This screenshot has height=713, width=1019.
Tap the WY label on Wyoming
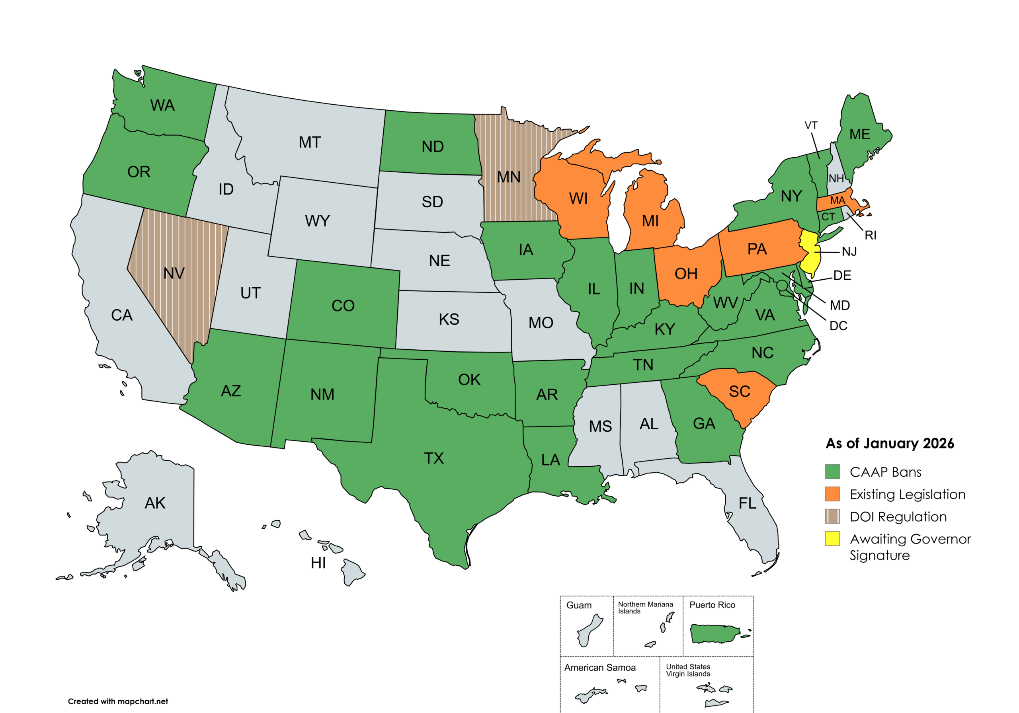317,221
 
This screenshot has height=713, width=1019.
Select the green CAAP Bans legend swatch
832,471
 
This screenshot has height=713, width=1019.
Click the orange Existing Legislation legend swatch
832,494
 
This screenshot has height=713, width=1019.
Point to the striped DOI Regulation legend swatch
832,516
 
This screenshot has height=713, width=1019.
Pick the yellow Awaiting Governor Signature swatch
832,539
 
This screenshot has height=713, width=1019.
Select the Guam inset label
579,606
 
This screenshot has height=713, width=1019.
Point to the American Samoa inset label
599,668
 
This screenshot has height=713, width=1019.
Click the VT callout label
811,126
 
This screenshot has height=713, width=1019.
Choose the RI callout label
870,236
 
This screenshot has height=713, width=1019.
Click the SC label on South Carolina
740,392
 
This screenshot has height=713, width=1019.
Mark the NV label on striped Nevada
174,273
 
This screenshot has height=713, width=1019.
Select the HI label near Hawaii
318,563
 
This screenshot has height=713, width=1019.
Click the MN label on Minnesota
509,177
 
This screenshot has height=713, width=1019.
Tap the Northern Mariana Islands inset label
645,608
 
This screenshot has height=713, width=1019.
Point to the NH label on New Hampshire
836,178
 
